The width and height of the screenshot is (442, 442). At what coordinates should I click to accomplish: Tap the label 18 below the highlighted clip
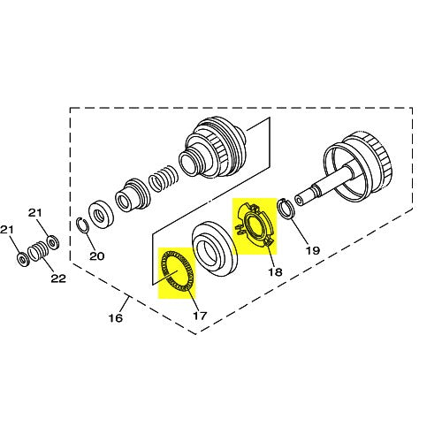[275, 274]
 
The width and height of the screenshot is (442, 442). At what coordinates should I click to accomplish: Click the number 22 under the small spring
[58, 279]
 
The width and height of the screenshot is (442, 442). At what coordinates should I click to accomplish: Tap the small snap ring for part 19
[286, 209]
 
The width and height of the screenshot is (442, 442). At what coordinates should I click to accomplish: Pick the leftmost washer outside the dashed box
[21, 260]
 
